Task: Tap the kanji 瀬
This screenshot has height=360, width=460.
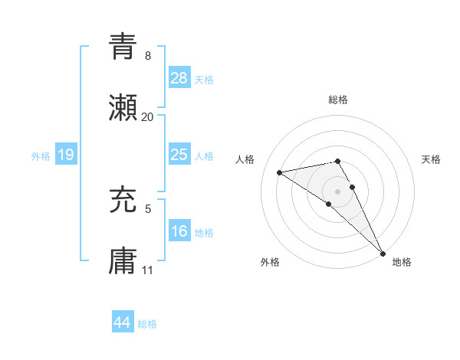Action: (123, 109)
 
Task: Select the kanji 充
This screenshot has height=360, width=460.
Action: (123, 201)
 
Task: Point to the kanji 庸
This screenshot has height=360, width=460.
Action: (123, 262)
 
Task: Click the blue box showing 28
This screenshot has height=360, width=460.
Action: (179, 78)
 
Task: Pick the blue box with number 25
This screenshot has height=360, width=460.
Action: (179, 155)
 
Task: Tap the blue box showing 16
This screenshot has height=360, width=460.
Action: (179, 231)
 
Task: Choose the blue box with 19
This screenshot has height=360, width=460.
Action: (65, 155)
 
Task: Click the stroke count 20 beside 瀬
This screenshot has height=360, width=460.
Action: (148, 117)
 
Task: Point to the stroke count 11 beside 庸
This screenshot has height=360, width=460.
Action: (148, 270)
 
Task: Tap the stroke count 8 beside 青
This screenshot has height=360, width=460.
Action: (148, 56)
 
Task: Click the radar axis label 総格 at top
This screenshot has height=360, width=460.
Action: (338, 100)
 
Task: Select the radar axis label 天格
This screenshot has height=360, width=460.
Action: (431, 159)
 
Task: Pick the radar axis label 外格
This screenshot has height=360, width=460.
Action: (270, 262)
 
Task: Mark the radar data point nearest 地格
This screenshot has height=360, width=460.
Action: (383, 252)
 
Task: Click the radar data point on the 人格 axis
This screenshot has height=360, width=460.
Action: (280, 172)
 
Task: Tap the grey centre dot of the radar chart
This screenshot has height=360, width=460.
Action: (338, 191)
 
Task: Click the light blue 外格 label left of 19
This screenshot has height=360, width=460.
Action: (41, 155)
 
